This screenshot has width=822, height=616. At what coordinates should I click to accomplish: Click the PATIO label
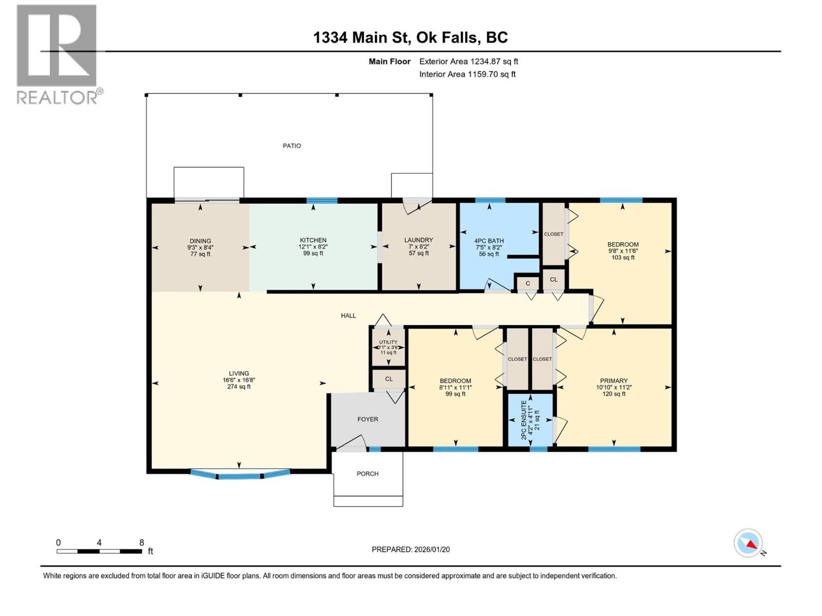click(x=292, y=146)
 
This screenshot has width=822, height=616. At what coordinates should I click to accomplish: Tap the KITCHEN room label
click(x=313, y=240)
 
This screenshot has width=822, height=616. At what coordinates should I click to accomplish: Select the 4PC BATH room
click(x=489, y=246)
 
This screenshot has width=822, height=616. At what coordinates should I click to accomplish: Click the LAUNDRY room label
click(x=418, y=240)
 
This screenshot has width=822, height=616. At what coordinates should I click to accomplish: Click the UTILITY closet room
click(x=388, y=347)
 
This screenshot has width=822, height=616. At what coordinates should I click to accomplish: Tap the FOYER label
click(x=368, y=419)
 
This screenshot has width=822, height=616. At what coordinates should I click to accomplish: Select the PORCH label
click(x=367, y=474)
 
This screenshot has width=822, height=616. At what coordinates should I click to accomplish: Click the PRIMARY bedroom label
click(x=613, y=381)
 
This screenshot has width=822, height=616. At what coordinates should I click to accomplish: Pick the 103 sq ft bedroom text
click(x=623, y=258)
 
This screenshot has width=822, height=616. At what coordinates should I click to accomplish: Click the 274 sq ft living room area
click(x=239, y=387)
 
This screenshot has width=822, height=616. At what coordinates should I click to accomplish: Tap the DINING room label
click(x=200, y=241)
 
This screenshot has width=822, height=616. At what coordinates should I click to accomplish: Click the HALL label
click(x=348, y=316)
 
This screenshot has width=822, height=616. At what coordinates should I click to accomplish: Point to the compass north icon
click(x=749, y=543)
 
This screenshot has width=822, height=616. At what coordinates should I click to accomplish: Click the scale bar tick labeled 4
click(x=99, y=543)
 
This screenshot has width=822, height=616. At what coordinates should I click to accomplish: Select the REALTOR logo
click(x=57, y=54)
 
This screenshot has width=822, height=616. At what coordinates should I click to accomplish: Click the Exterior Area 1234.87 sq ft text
click(x=469, y=62)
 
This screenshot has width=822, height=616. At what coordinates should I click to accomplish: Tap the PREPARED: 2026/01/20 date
click(x=410, y=549)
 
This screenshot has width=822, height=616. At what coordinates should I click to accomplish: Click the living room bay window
click(x=239, y=475)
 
